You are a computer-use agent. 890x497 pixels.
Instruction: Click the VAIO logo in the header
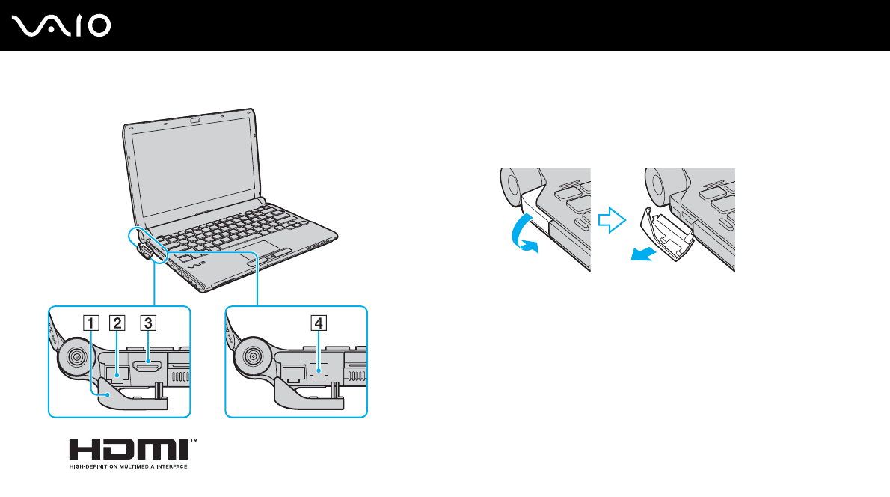pyautogui.click(x=62, y=26)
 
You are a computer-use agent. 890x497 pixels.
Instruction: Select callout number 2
pyautogui.click(x=117, y=323)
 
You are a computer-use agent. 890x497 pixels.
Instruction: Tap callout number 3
pyautogui.click(x=148, y=323)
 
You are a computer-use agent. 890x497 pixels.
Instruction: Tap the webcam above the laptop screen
pyautogui.click(x=194, y=120)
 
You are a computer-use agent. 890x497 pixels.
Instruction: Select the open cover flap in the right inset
pyautogui.click(x=303, y=397)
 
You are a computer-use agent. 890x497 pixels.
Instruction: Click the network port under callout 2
pyautogui.click(x=117, y=371)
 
